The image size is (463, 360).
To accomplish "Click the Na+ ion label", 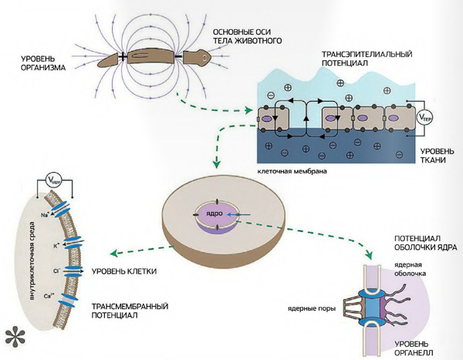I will click(46, 215).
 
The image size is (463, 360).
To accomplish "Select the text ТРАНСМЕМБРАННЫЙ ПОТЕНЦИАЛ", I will click(120, 310).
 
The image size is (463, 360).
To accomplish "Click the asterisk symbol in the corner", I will click(15, 335).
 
